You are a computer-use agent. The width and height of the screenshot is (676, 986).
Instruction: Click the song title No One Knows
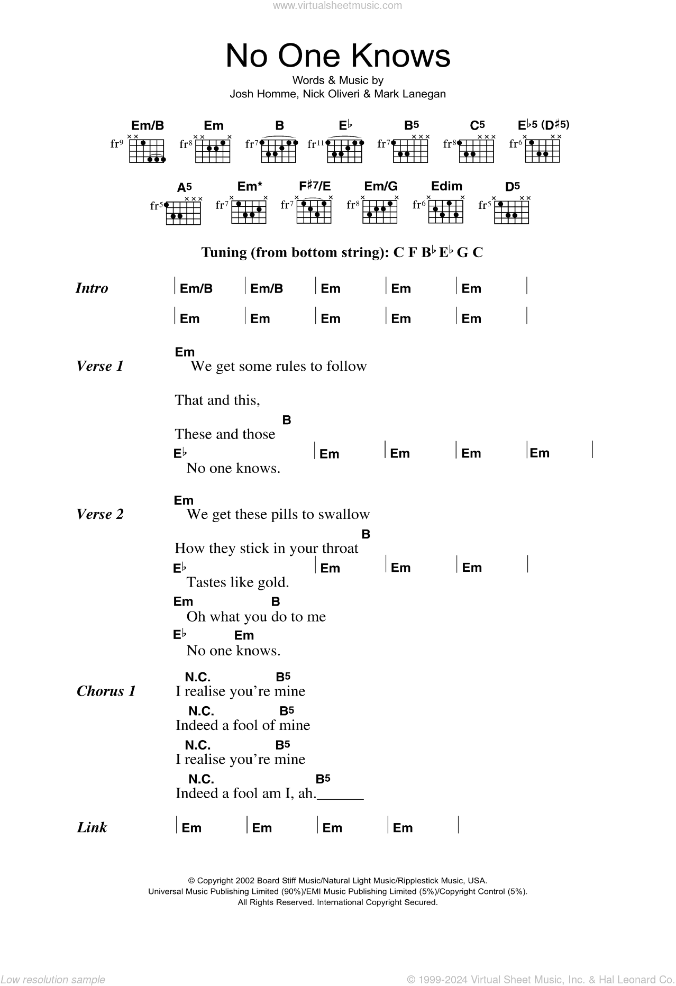[338, 56]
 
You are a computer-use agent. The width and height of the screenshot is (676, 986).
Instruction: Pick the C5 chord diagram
[477, 151]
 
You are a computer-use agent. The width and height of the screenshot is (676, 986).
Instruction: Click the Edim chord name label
[446, 186]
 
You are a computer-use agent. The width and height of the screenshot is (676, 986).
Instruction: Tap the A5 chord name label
[184, 187]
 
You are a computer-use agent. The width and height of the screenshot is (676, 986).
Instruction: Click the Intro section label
[92, 288]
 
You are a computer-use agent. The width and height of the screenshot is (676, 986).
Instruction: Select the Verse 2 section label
[100, 514]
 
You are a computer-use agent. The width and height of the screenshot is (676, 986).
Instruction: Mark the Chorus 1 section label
[106, 691]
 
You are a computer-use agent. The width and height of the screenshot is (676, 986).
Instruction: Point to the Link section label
[92, 827]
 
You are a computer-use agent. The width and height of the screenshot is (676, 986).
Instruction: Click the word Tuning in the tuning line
[224, 253]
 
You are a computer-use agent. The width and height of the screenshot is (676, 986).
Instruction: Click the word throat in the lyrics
[340, 549]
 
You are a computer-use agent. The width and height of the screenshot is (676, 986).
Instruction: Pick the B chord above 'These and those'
[287, 420]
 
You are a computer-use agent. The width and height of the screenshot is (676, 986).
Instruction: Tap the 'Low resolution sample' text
[53, 979]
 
